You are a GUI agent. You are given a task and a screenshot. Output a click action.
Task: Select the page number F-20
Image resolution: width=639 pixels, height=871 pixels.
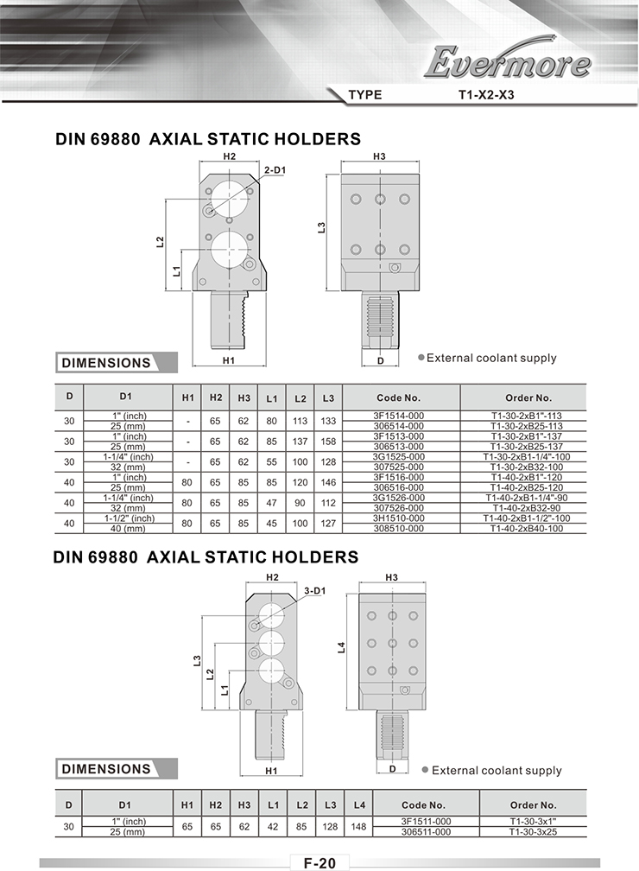coord(319,862)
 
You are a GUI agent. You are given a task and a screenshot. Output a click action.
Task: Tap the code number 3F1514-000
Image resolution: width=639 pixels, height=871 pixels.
coord(398,416)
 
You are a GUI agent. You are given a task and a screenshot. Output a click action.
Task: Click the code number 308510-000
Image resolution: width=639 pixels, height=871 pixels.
coord(398,528)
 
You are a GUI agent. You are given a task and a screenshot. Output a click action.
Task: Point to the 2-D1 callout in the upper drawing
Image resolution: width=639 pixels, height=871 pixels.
coord(275,170)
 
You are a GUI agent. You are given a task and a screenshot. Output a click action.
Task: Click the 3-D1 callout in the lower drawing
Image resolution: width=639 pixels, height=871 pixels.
coord(315,591)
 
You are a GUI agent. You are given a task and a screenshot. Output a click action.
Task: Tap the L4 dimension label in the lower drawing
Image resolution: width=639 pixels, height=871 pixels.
coord(342,647)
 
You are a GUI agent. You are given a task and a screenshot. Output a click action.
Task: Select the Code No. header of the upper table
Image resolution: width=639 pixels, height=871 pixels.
coord(398,397)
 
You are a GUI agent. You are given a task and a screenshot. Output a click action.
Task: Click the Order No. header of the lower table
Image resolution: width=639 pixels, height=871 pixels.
coord(533,805)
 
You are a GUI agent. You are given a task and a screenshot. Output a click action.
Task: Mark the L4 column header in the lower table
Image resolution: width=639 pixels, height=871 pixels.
coord(359,805)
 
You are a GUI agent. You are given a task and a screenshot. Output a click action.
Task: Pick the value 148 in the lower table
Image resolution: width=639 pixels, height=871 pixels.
coord(358,827)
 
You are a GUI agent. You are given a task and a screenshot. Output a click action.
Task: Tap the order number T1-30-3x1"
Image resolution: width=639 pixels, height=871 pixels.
coord(533,822)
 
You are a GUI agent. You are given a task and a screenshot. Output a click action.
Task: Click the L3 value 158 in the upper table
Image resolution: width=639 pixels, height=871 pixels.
coord(328,442)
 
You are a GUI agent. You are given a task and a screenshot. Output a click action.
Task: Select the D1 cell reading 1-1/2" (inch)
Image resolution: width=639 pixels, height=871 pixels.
coord(129,518)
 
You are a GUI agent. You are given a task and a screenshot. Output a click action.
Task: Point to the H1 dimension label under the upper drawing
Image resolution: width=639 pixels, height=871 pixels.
coord(229,360)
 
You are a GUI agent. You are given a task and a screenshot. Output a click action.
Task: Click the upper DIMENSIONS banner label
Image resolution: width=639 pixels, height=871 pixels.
coord(106,363)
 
